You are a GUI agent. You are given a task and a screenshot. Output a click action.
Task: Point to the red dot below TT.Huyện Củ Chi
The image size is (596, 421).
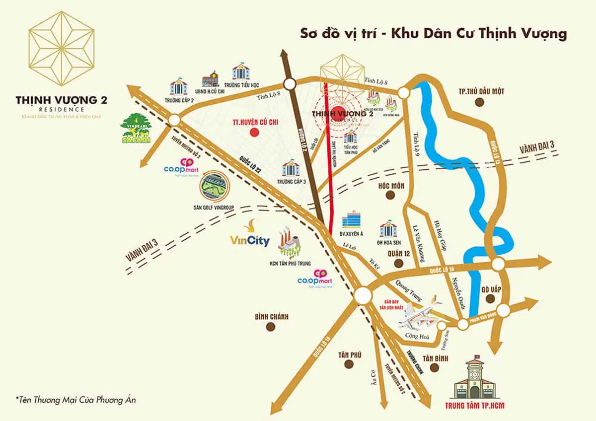pyautogui.click(x=254, y=132)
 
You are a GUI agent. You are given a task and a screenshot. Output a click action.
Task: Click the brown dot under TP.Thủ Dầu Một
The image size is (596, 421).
pyautogui.click(x=479, y=102)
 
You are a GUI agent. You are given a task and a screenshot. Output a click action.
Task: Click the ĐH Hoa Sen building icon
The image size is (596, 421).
pyautogui.click(x=388, y=228)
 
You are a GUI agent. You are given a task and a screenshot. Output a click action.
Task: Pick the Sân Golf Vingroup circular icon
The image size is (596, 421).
pyautogui.click(x=213, y=185)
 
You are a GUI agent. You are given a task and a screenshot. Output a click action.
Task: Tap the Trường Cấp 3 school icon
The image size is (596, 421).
pyautogui.click(x=291, y=168)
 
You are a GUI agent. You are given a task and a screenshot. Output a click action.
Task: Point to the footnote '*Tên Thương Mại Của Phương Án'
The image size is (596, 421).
pyautogui.click(x=75, y=400)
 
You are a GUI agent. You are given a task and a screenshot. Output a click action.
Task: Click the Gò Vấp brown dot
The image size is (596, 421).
pyautogui.click(x=490, y=298)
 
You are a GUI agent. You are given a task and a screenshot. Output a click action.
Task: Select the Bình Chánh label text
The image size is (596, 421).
pyautogui.click(x=271, y=316)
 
